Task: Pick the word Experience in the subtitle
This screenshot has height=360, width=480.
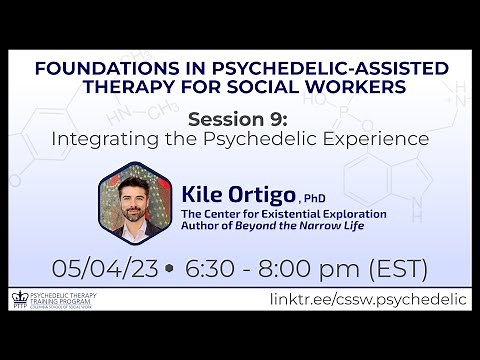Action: click(x=377, y=139)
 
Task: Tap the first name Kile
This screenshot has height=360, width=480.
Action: click(x=206, y=192)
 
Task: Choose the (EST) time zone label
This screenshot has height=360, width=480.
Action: click(x=394, y=269)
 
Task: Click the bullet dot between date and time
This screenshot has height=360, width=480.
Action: click(x=167, y=270)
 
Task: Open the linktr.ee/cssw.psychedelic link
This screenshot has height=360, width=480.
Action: click(x=367, y=300)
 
